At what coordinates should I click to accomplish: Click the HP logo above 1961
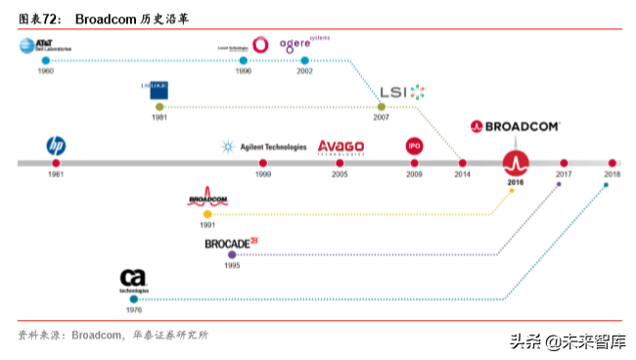click(56, 145)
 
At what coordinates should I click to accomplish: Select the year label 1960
click(45, 72)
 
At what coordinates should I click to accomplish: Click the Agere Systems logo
click(304, 43)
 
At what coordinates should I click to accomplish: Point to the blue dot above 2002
click(305, 61)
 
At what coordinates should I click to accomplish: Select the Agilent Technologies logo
click(264, 147)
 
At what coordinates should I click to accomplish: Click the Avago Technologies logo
click(341, 147)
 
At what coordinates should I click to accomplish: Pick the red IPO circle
click(414, 146)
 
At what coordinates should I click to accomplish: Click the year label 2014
click(462, 175)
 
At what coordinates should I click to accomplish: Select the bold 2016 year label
click(516, 183)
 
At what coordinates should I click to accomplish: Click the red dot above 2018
click(612, 162)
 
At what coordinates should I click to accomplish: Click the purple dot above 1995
click(232, 254)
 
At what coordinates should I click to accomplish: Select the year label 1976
click(134, 310)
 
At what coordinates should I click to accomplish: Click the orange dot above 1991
click(207, 213)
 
